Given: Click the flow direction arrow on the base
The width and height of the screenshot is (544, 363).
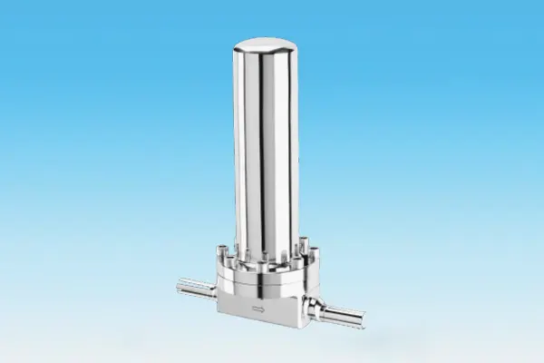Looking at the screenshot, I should (x=259, y=310).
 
